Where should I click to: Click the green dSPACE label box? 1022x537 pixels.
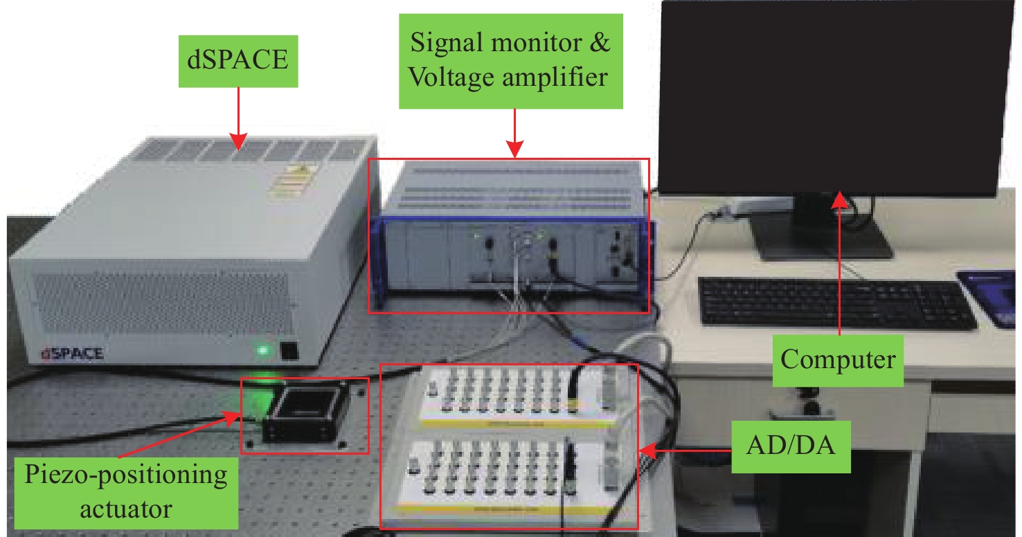238,60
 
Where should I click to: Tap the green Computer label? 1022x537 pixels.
839,360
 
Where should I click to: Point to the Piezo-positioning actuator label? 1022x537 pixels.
126,492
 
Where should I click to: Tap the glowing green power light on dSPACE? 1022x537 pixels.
263,350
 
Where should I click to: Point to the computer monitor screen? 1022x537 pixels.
831,97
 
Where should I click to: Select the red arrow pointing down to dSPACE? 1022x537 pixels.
238,118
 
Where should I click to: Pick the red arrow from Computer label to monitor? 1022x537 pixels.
839,263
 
